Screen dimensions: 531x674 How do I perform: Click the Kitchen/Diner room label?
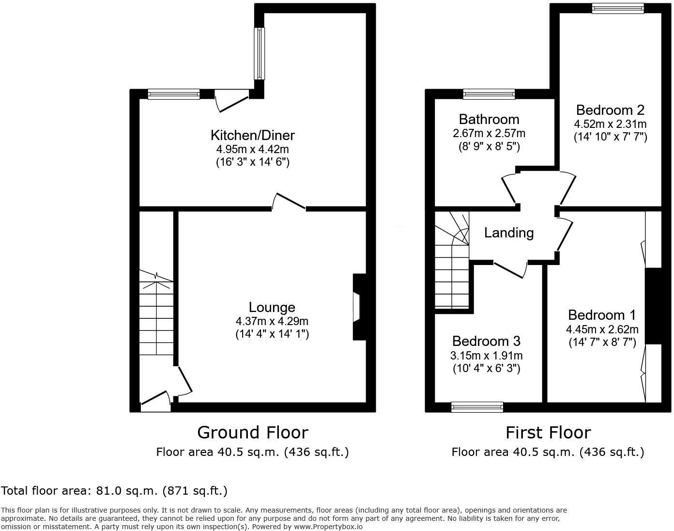(x=252, y=135)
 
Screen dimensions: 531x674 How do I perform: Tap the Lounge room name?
(x=272, y=307)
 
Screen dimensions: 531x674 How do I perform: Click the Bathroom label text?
(x=489, y=119)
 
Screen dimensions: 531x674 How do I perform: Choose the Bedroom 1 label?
(x=602, y=315)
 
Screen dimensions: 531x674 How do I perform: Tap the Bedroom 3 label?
(x=486, y=341)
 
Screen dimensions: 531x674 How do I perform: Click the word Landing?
(x=509, y=233)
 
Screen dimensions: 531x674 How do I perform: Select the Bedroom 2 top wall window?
(x=617, y=8)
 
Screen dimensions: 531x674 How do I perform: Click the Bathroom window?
(x=489, y=94)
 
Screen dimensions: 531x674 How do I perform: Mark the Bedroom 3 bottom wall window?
(x=477, y=407)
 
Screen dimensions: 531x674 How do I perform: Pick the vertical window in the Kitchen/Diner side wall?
(x=260, y=53)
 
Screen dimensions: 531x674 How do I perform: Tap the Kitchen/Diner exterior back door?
(x=231, y=100)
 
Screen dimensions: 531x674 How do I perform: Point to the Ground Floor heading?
(x=252, y=432)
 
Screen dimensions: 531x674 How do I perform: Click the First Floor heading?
(x=548, y=432)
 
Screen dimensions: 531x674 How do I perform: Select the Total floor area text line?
(x=114, y=491)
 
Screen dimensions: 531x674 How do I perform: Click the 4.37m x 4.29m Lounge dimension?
(x=272, y=321)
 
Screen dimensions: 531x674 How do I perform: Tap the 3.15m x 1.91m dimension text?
(x=486, y=356)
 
